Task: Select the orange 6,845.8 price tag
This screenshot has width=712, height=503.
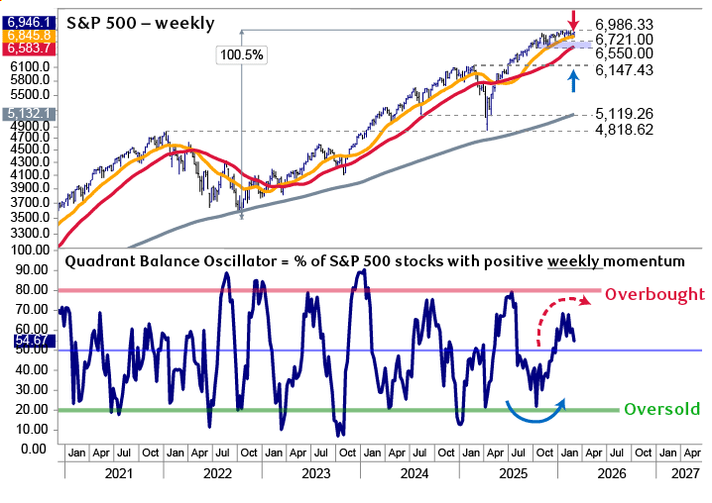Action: [28, 33]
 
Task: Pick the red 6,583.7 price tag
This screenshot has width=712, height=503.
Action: [28, 48]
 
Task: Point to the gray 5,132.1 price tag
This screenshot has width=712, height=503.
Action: [28, 115]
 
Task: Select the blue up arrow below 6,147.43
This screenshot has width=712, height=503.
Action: [572, 81]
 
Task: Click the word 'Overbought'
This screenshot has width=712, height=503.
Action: [654, 294]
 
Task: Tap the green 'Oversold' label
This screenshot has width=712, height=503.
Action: [660, 409]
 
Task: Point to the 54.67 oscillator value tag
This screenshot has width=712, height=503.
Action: [28, 340]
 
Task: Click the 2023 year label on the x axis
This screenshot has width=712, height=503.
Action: [316, 473]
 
